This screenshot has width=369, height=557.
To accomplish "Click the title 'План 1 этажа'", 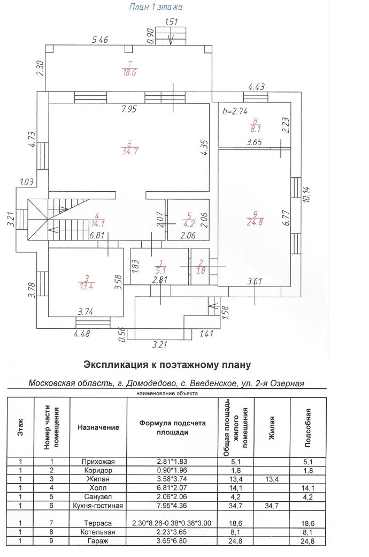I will pos(156,7).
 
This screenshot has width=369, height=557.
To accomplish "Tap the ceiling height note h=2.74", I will pos(235,111).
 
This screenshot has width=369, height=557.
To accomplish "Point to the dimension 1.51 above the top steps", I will pos(171,22).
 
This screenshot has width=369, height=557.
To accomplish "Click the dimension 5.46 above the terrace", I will pos(100,39).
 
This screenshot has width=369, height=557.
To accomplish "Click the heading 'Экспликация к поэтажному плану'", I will pos(167,365).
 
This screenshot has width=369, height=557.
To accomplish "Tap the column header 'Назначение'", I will pos(98,427).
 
